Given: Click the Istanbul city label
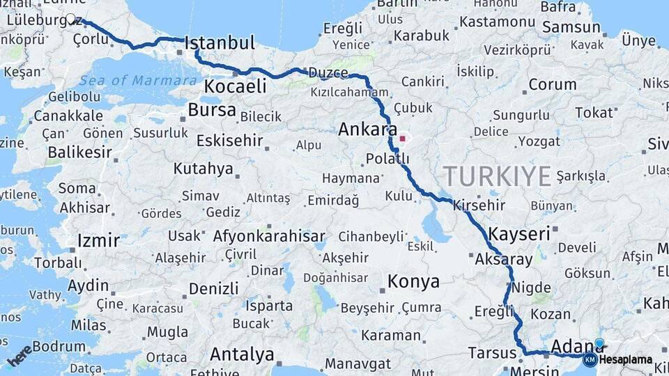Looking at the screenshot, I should coord(220,43).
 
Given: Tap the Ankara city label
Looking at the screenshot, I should coord(367,130).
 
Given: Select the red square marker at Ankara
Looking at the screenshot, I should coord(402,138).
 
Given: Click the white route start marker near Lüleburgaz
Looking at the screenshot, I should coord(70,19).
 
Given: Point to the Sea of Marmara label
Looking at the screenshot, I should coord(138,80).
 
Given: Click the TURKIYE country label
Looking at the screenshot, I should coord(498,176).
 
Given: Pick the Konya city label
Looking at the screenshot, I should coord(413,281).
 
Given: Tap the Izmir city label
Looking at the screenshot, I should coord(98,241).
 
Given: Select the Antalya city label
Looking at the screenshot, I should coord(242,354).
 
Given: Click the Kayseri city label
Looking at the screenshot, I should coord(519,233).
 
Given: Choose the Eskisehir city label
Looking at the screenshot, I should coord(229,141).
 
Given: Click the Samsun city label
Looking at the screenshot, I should coord(571,27).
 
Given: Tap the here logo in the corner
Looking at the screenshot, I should coord(20,354).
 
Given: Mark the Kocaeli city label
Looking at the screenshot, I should coord(236,86).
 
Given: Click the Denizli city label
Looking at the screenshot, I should coord(213,288).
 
